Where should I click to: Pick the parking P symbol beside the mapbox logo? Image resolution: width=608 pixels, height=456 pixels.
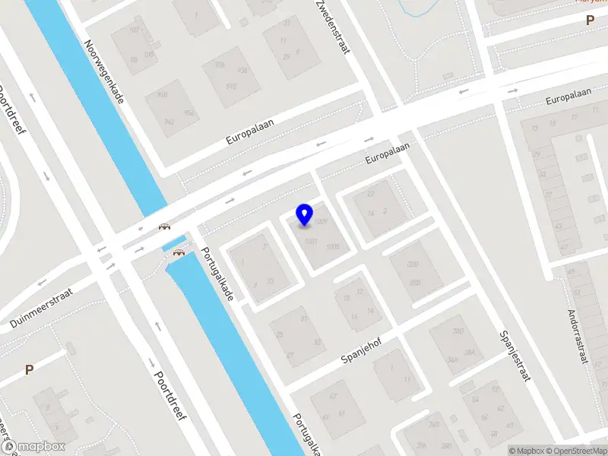pos(29,370)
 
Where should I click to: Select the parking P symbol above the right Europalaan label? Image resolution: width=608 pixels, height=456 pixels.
pos(590,21)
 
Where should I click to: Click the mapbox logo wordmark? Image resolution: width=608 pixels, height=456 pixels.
pos(36,446)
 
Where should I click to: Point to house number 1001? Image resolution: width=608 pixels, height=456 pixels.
pos(310,242)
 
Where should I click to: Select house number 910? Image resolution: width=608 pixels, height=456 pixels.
pos(231,86)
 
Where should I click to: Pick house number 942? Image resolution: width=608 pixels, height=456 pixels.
pos(169,121)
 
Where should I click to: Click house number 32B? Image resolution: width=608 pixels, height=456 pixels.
pos(413,265)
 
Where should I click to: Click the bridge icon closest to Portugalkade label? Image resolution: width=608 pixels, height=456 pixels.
pos(179,253)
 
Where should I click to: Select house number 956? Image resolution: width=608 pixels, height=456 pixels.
pos(189,112)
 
